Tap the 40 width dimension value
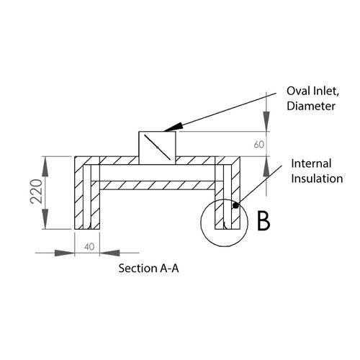point(89,246)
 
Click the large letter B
point(264,220)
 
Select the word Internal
point(313,164)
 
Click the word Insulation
point(317,179)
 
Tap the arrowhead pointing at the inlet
point(171,128)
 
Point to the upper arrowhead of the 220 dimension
point(48,161)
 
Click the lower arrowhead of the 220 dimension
point(48,225)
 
